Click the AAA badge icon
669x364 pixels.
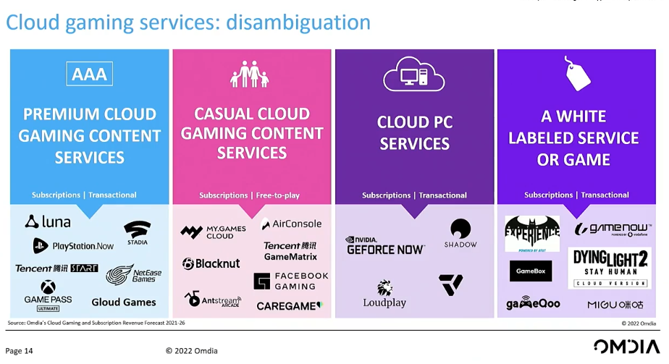pos(89,74)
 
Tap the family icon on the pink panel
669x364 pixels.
pos(251,75)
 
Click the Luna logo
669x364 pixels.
pos(49,221)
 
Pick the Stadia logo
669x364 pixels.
pos(137,232)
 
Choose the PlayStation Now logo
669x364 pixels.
pos(73,246)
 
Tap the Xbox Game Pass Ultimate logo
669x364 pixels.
pos(48,295)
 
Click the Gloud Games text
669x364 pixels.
pos(123,302)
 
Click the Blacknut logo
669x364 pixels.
pos(211,264)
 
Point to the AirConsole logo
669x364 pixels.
pos(291,224)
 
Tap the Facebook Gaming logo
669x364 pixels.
pos(291,281)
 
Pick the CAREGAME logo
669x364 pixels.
pos(289,306)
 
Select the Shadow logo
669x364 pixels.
pos(460,234)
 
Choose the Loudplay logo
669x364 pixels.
pos(384,294)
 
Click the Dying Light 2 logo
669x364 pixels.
pos(609,268)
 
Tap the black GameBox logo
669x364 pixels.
pos(531,271)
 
